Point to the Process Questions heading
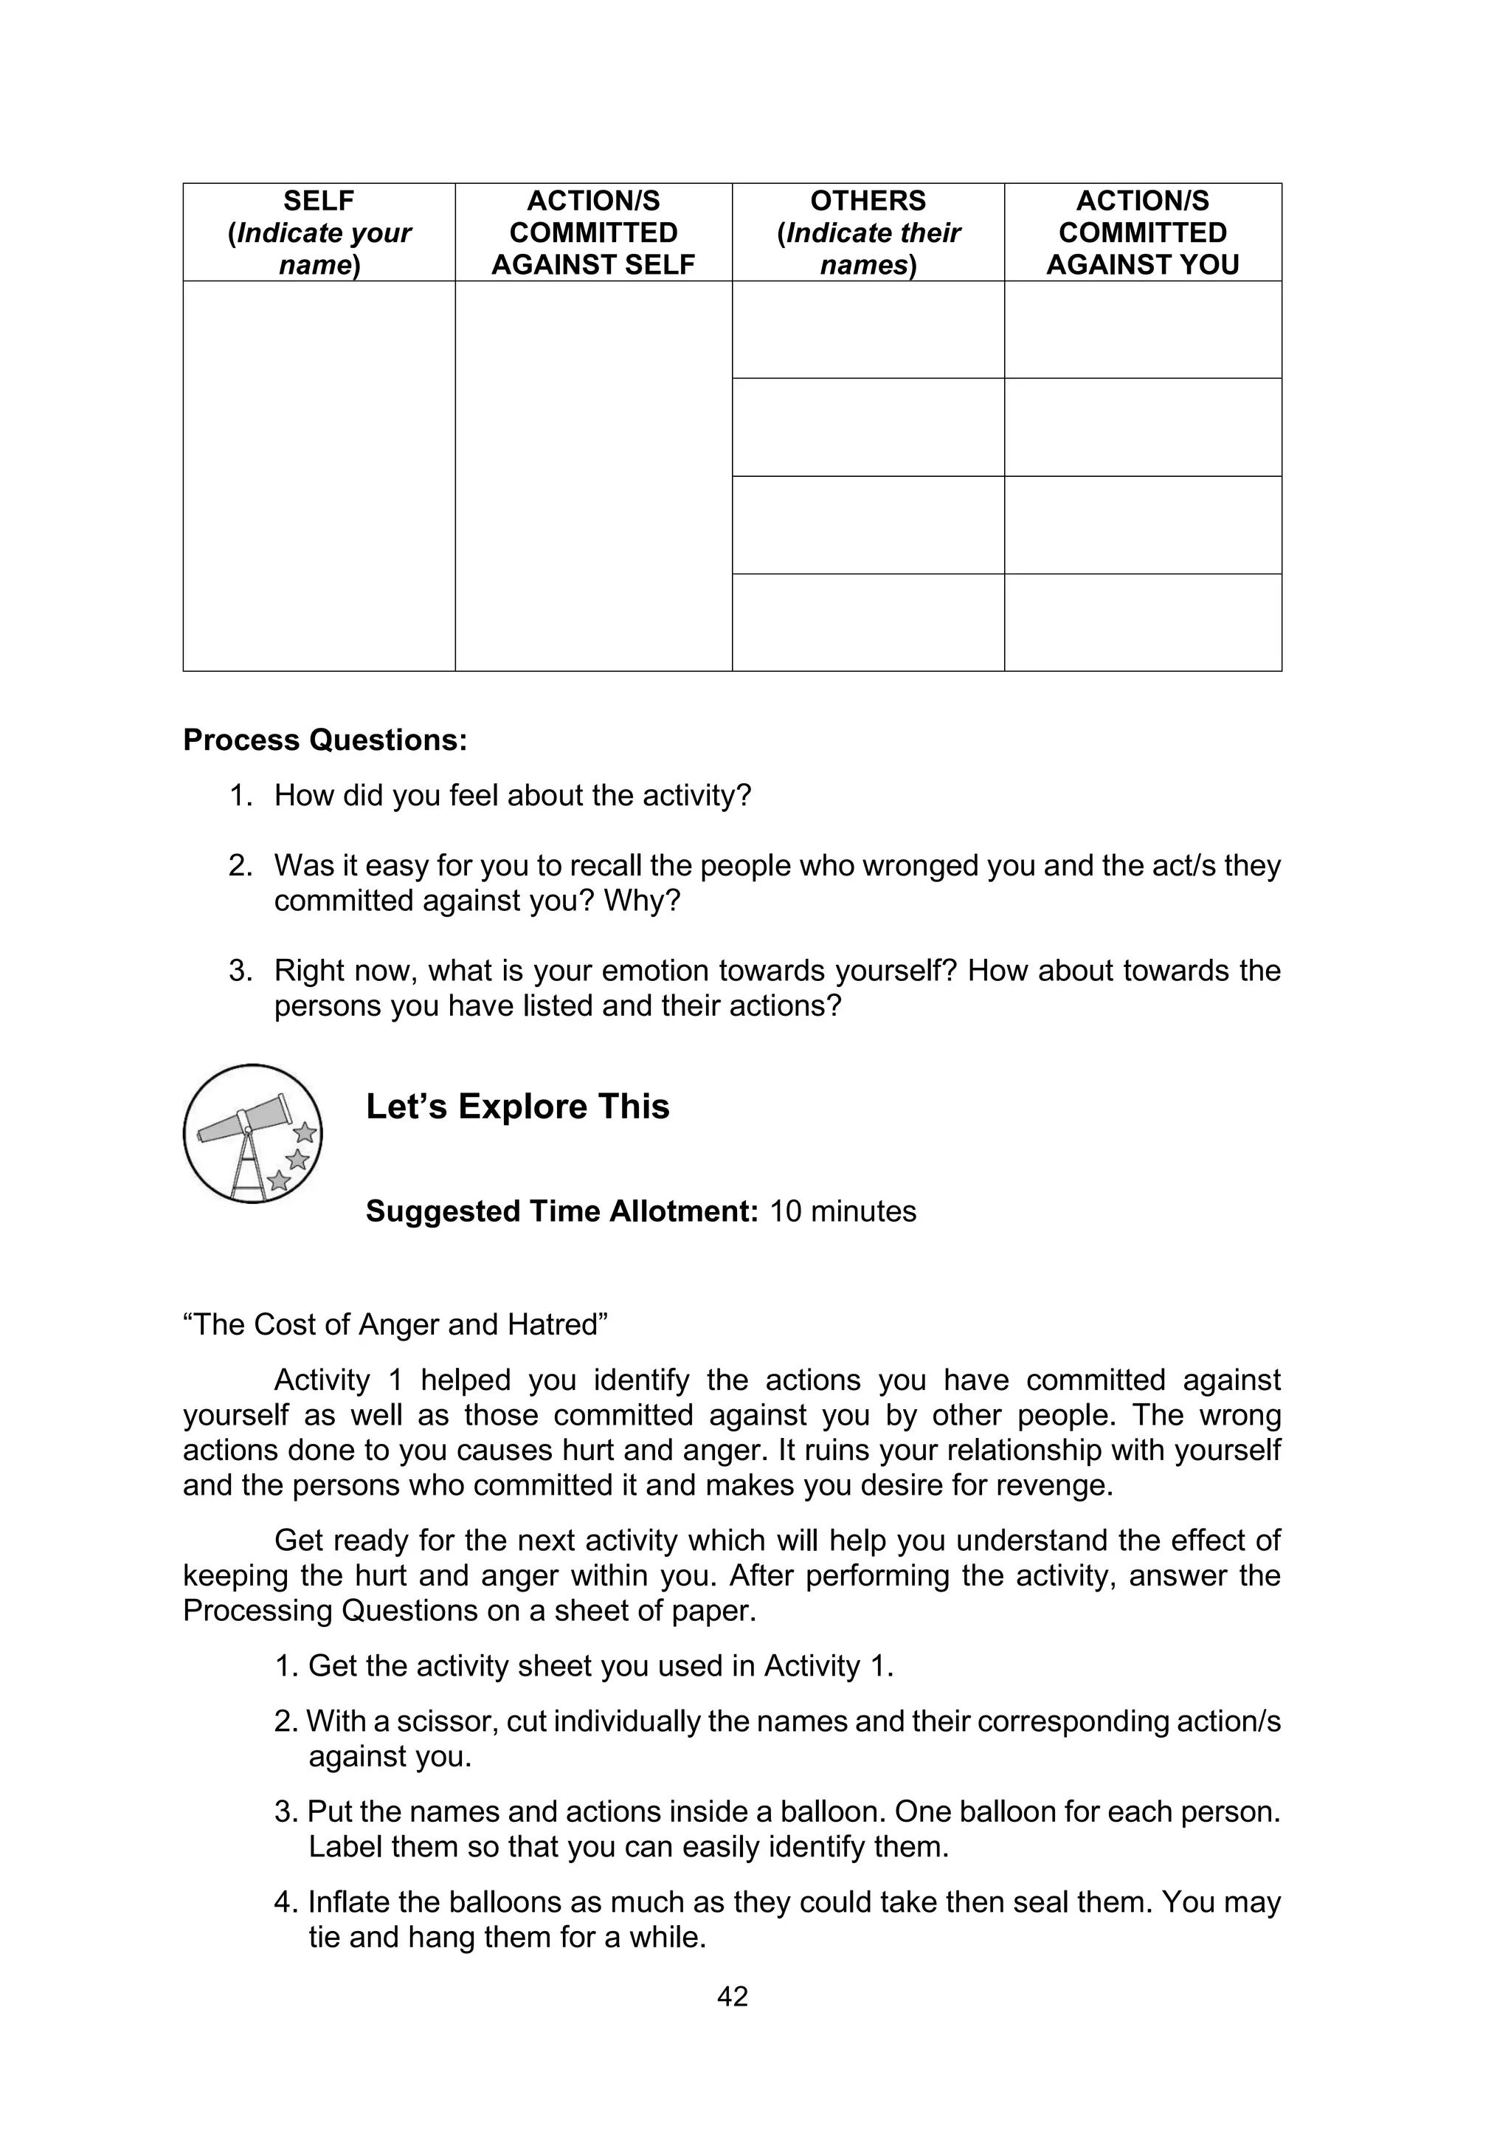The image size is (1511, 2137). coord(325,740)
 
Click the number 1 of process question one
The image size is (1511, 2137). coord(239,796)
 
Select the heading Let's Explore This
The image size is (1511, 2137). coord(517,1107)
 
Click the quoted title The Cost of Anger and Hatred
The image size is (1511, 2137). coord(395,1324)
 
